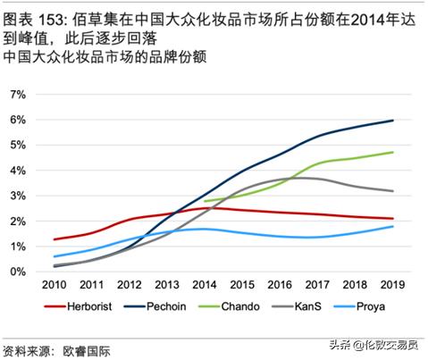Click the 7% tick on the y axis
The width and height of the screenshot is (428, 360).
[x=16, y=94]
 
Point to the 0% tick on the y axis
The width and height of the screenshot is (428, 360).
[x=16, y=271]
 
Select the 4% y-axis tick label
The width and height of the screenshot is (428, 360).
[x=16, y=170]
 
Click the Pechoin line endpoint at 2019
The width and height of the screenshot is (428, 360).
[x=392, y=121]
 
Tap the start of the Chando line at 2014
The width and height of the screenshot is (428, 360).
[x=205, y=201]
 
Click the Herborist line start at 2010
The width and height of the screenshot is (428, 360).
[x=55, y=239]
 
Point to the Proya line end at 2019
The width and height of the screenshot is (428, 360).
[x=392, y=226]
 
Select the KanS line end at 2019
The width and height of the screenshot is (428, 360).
[x=392, y=190]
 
